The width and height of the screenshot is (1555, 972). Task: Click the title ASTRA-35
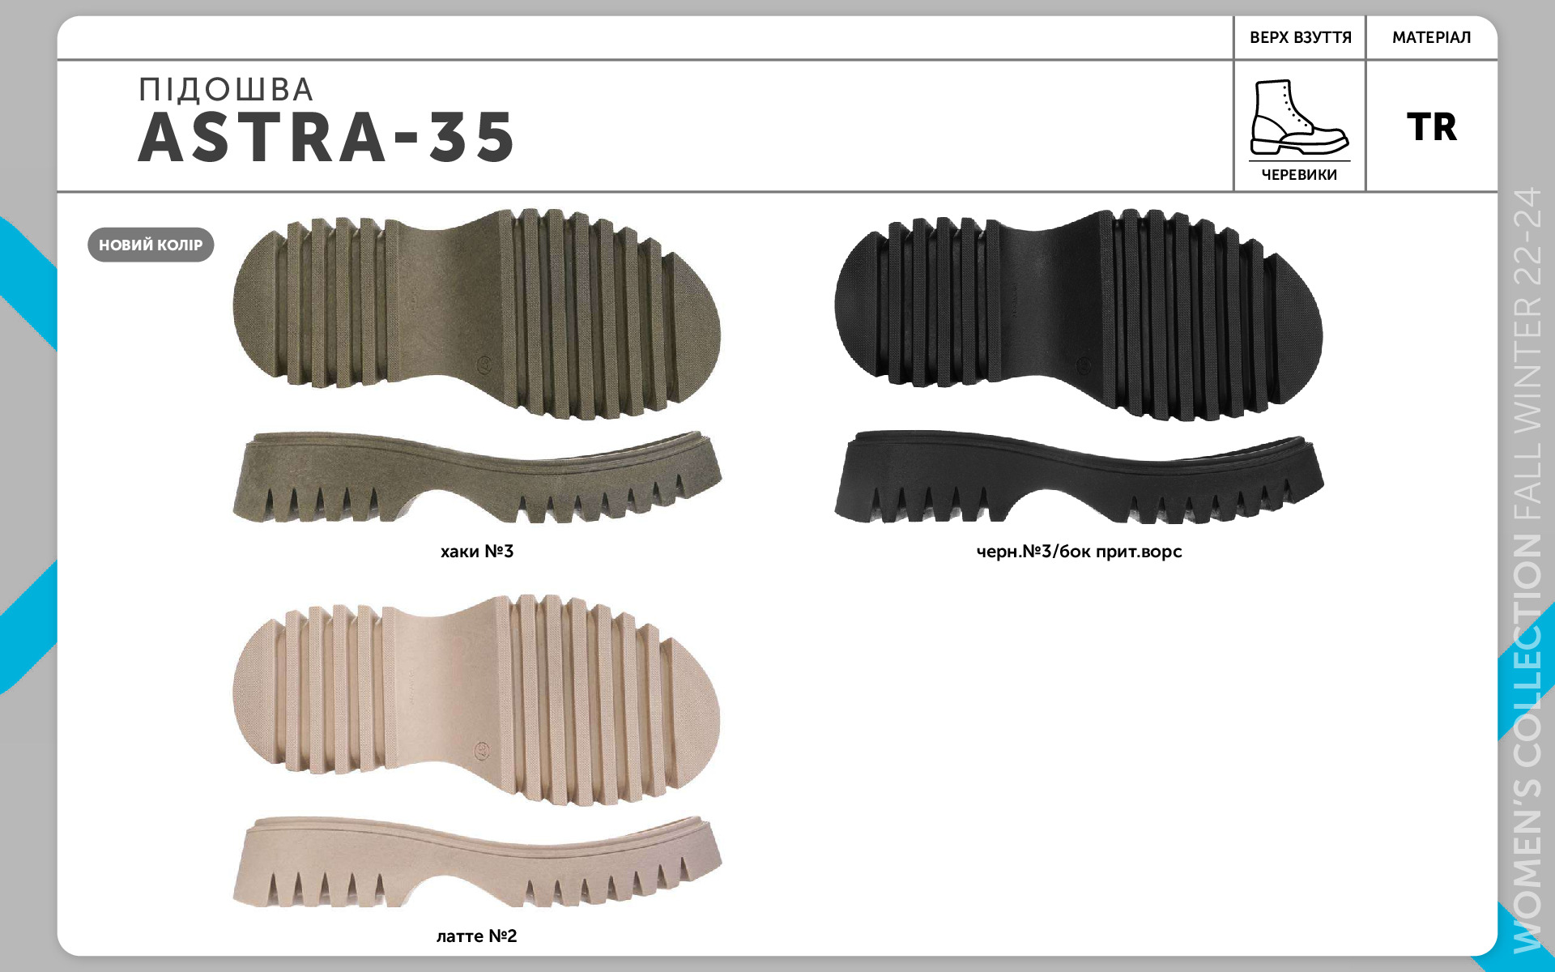click(x=326, y=137)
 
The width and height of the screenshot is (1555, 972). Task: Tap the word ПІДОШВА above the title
click(x=226, y=90)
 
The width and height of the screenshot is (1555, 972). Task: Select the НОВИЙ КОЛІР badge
click(x=151, y=245)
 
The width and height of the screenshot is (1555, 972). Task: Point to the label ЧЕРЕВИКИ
click(x=1299, y=175)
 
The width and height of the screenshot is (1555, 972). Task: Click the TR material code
click(x=1432, y=127)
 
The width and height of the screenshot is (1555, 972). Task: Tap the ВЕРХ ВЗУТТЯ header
click(x=1301, y=37)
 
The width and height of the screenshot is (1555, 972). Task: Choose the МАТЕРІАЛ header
click(x=1432, y=37)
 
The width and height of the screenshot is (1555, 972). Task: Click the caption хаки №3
click(x=477, y=552)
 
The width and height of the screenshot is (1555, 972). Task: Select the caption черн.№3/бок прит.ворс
click(x=1079, y=552)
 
